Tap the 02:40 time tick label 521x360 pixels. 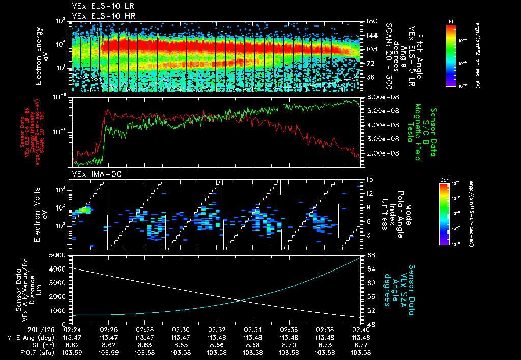[x=361, y=329]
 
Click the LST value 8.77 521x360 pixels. [x=361, y=344]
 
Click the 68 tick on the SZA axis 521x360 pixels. [x=371, y=255]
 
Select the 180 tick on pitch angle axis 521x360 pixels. [x=371, y=21]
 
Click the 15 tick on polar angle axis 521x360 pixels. [x=369, y=179]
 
